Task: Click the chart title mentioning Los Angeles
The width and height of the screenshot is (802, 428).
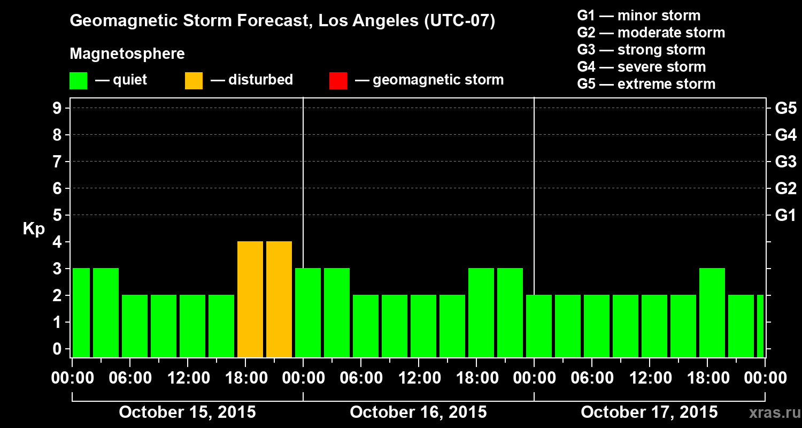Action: pyautogui.click(x=282, y=21)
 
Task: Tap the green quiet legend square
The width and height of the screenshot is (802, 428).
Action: pyautogui.click(x=78, y=81)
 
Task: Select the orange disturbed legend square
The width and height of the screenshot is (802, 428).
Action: pyautogui.click(x=194, y=81)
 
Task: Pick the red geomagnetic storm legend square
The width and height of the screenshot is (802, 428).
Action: pyautogui.click(x=338, y=81)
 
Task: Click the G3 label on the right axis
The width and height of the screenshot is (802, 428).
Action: pyautogui.click(x=785, y=162)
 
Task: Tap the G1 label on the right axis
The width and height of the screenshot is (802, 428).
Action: pyautogui.click(x=785, y=216)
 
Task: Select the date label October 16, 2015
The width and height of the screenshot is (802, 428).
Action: pyautogui.click(x=418, y=412)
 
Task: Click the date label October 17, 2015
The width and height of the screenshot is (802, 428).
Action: pyautogui.click(x=649, y=412)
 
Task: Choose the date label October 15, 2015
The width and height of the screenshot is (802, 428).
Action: pyautogui.click(x=187, y=412)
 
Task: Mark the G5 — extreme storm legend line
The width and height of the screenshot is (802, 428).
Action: pyautogui.click(x=646, y=84)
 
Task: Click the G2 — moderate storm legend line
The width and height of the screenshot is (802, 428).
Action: pyautogui.click(x=651, y=33)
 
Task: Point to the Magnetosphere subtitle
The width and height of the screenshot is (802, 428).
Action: pyautogui.click(x=127, y=54)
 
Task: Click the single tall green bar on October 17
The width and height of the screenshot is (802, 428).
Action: pyautogui.click(x=712, y=312)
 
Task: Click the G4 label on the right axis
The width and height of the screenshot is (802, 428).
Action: pyautogui.click(x=785, y=135)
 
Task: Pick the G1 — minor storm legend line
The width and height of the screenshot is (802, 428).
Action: pyautogui.click(x=638, y=16)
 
